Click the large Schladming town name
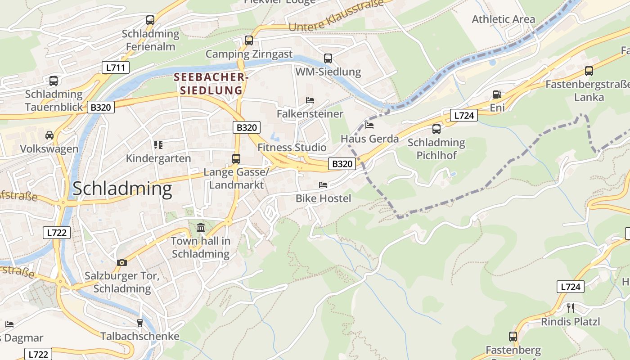[122, 189]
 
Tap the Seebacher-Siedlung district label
[211, 84]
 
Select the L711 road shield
[115, 68]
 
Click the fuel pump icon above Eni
[497, 94]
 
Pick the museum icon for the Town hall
[201, 228]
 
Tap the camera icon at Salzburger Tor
[121, 262]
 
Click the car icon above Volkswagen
[49, 135]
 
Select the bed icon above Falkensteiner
[310, 100]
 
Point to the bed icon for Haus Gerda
[369, 125]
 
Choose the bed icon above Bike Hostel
[323, 184]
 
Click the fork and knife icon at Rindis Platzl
[571, 308]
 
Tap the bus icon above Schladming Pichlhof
[436, 129]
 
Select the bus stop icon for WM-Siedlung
[328, 58]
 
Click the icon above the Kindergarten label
[158, 145]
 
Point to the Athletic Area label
[503, 19]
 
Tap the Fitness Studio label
[292, 148]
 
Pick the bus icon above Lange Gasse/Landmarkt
[236, 158]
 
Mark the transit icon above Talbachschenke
[139, 323]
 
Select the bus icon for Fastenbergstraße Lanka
[589, 71]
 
